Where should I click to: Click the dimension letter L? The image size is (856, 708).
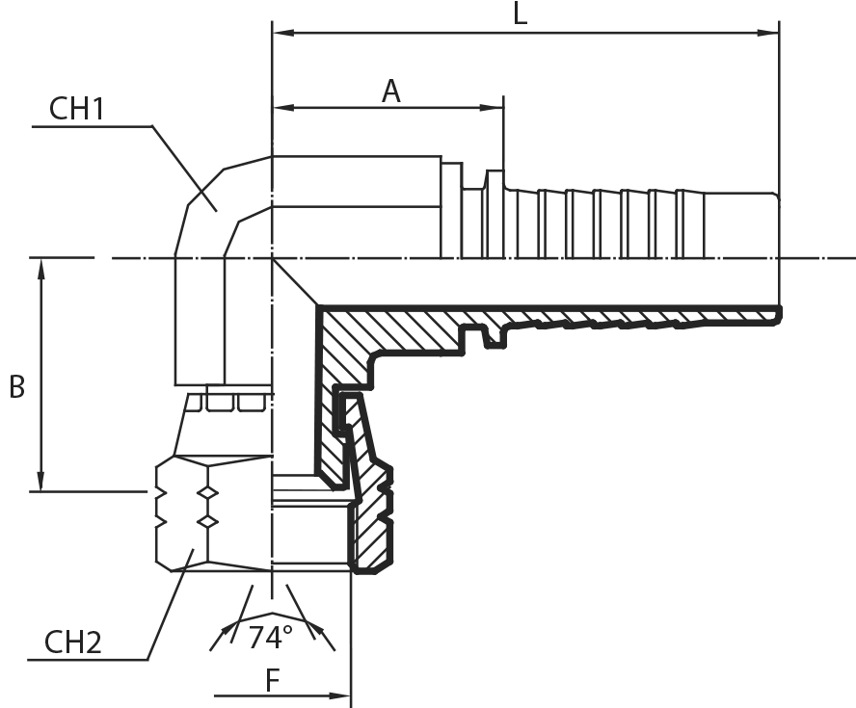pyautogui.click(x=521, y=13)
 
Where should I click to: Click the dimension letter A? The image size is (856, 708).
pyautogui.click(x=390, y=92)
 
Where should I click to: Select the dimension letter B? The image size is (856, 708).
pyautogui.click(x=17, y=386)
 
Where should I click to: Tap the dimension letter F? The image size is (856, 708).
pyautogui.click(x=273, y=680)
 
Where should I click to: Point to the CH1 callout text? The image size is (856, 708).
pyautogui.click(x=76, y=109)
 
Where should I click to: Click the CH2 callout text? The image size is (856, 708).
pyautogui.click(x=72, y=642)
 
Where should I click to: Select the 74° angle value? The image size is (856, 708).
pyautogui.click(x=270, y=638)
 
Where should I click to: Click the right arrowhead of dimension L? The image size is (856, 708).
pyautogui.click(x=768, y=34)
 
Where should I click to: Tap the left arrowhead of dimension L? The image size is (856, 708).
pyautogui.click(x=283, y=34)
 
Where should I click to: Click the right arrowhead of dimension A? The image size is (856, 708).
pyautogui.click(x=493, y=108)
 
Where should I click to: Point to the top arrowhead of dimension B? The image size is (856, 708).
pyautogui.click(x=40, y=270)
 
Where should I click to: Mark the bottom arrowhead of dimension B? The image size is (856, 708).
pyautogui.click(x=40, y=480)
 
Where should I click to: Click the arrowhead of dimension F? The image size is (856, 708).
pyautogui.click(x=339, y=695)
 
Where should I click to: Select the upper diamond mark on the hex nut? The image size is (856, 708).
pyautogui.click(x=207, y=493)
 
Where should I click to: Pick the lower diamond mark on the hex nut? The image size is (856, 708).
pyautogui.click(x=207, y=522)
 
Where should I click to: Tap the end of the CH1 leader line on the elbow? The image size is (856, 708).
pyautogui.click(x=216, y=211)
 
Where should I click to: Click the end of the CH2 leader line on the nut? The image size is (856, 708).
pyautogui.click(x=193, y=549)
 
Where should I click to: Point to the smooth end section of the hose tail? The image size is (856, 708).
pyautogui.click(x=741, y=224)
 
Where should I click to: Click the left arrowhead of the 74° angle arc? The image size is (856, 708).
pyautogui.click(x=225, y=633)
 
